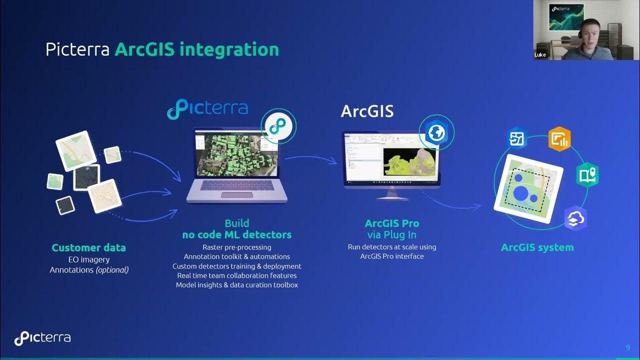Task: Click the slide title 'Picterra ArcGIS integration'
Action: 162,49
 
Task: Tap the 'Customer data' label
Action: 89,247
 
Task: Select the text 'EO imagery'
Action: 89,259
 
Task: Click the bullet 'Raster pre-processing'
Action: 236,247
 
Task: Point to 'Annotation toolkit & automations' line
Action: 236,256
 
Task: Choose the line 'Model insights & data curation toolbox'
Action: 236,285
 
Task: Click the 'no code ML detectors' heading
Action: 236,234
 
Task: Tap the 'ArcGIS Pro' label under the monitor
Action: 392,223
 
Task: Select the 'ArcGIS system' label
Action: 537,247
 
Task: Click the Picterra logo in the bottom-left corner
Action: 42,338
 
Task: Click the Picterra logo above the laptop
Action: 207,109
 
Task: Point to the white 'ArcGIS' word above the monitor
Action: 367,111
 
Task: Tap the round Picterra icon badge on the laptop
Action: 278,126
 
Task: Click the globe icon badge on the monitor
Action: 436,132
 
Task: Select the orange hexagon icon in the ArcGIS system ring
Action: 559,139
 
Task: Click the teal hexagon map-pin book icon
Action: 587,175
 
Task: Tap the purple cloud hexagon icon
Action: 575,218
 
